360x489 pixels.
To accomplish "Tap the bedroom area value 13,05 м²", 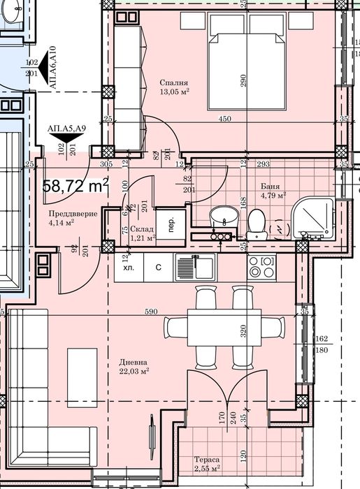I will coord(175,91).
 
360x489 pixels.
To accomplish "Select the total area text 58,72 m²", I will coord(75,185).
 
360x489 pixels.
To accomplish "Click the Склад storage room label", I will coord(142,230).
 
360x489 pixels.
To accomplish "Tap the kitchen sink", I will coord(204,266).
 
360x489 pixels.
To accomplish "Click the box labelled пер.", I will coord(169,226).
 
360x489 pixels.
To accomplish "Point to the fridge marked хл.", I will coord(128,267).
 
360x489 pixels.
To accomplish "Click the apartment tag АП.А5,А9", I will coord(66,128).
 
